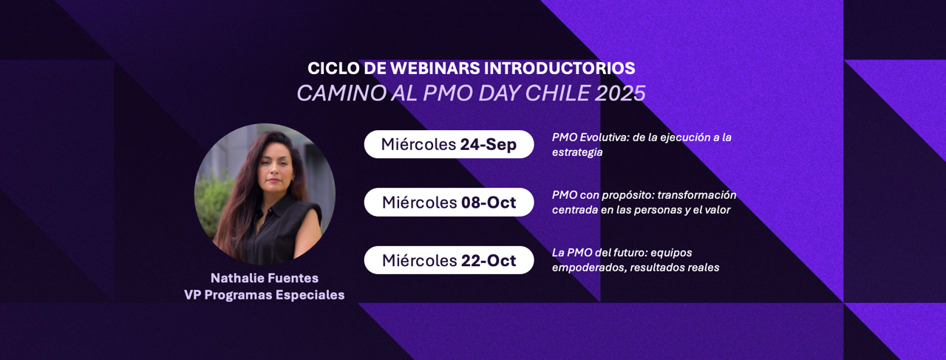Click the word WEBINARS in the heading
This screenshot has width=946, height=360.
[435, 69]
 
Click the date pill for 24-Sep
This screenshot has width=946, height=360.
[449, 144]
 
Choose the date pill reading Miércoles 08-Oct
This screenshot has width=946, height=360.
[449, 203]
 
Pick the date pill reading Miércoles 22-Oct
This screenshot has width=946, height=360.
[449, 260]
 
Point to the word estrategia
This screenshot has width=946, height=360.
[577, 152]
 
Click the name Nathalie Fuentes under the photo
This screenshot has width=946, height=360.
[265, 278]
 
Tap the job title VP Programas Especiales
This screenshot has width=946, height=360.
[265, 295]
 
